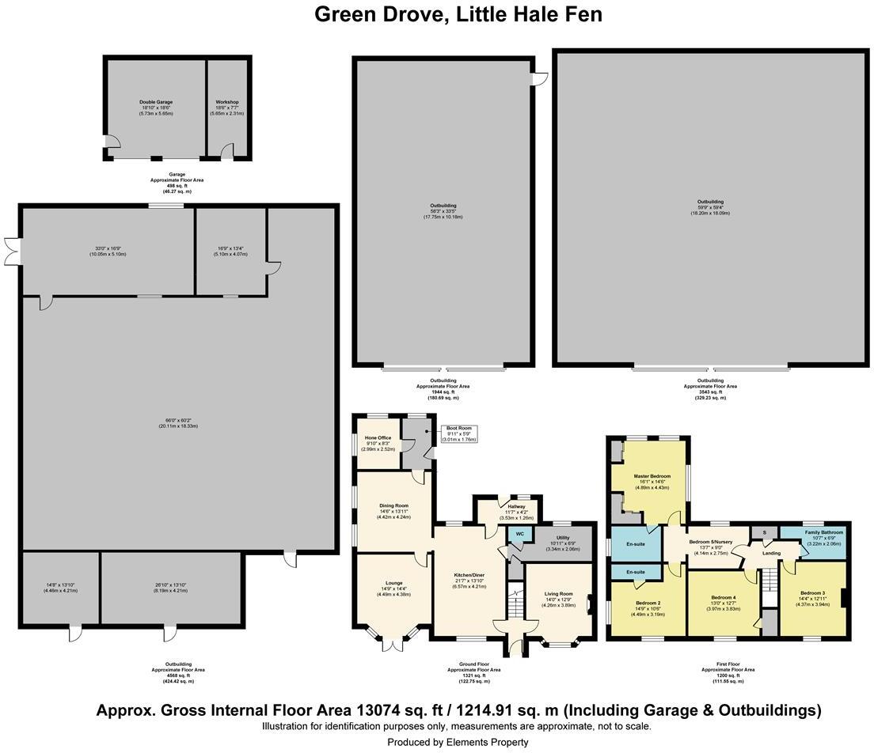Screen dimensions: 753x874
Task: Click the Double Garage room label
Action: click(x=156, y=103)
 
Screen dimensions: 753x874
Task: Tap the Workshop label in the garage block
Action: click(x=227, y=103)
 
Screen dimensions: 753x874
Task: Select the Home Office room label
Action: click(x=378, y=437)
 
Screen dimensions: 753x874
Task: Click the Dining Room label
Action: click(x=393, y=505)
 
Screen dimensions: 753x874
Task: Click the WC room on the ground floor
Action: click(x=519, y=534)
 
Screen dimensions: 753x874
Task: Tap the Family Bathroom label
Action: click(x=825, y=533)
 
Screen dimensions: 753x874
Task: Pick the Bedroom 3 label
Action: click(x=812, y=593)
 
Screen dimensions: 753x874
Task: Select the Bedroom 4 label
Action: click(x=724, y=597)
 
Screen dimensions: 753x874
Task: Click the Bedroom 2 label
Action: click(x=648, y=603)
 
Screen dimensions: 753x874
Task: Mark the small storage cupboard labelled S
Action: click(x=765, y=533)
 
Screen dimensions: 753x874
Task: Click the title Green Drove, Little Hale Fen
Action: click(x=458, y=14)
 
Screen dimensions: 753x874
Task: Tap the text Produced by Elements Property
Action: click(x=458, y=742)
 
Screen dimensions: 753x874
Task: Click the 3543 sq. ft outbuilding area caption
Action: click(x=710, y=392)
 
